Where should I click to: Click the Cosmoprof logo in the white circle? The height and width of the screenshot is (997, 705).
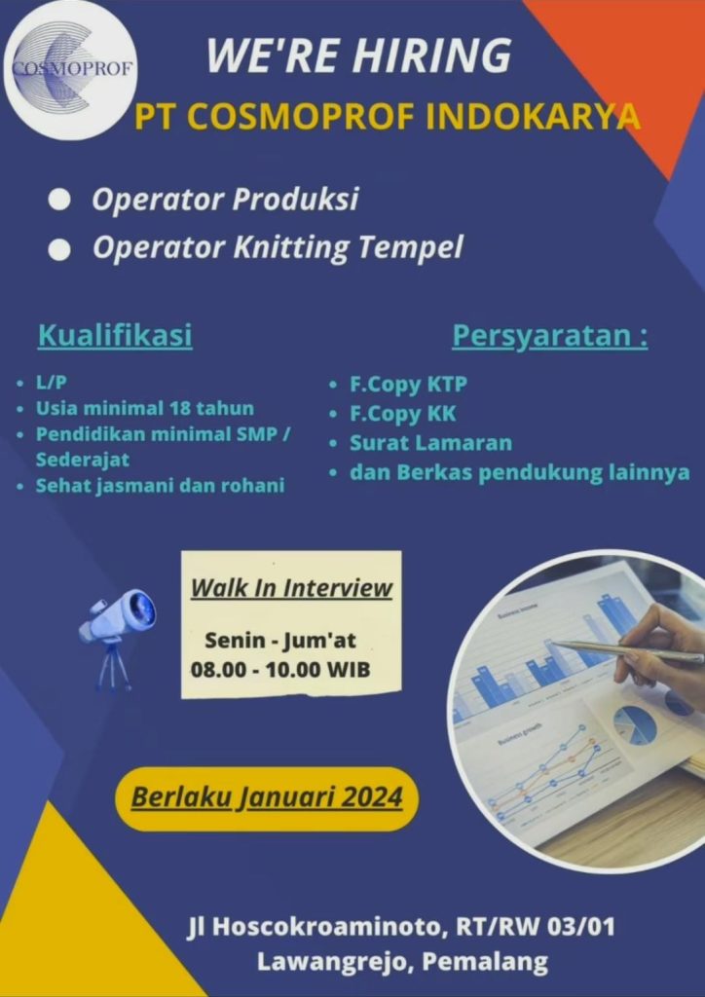click(70, 68)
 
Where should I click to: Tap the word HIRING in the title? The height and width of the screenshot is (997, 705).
click(432, 55)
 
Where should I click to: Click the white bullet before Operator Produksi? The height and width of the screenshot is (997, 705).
click(59, 201)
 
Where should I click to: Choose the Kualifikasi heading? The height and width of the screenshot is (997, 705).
click(115, 336)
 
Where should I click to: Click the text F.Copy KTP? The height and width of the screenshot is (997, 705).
click(408, 385)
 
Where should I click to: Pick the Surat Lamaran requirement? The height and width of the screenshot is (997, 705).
click(430, 443)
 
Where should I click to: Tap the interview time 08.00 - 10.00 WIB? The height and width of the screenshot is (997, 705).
click(280, 670)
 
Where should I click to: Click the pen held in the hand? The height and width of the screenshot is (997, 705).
click(629, 651)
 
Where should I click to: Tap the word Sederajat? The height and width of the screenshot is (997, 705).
click(83, 460)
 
